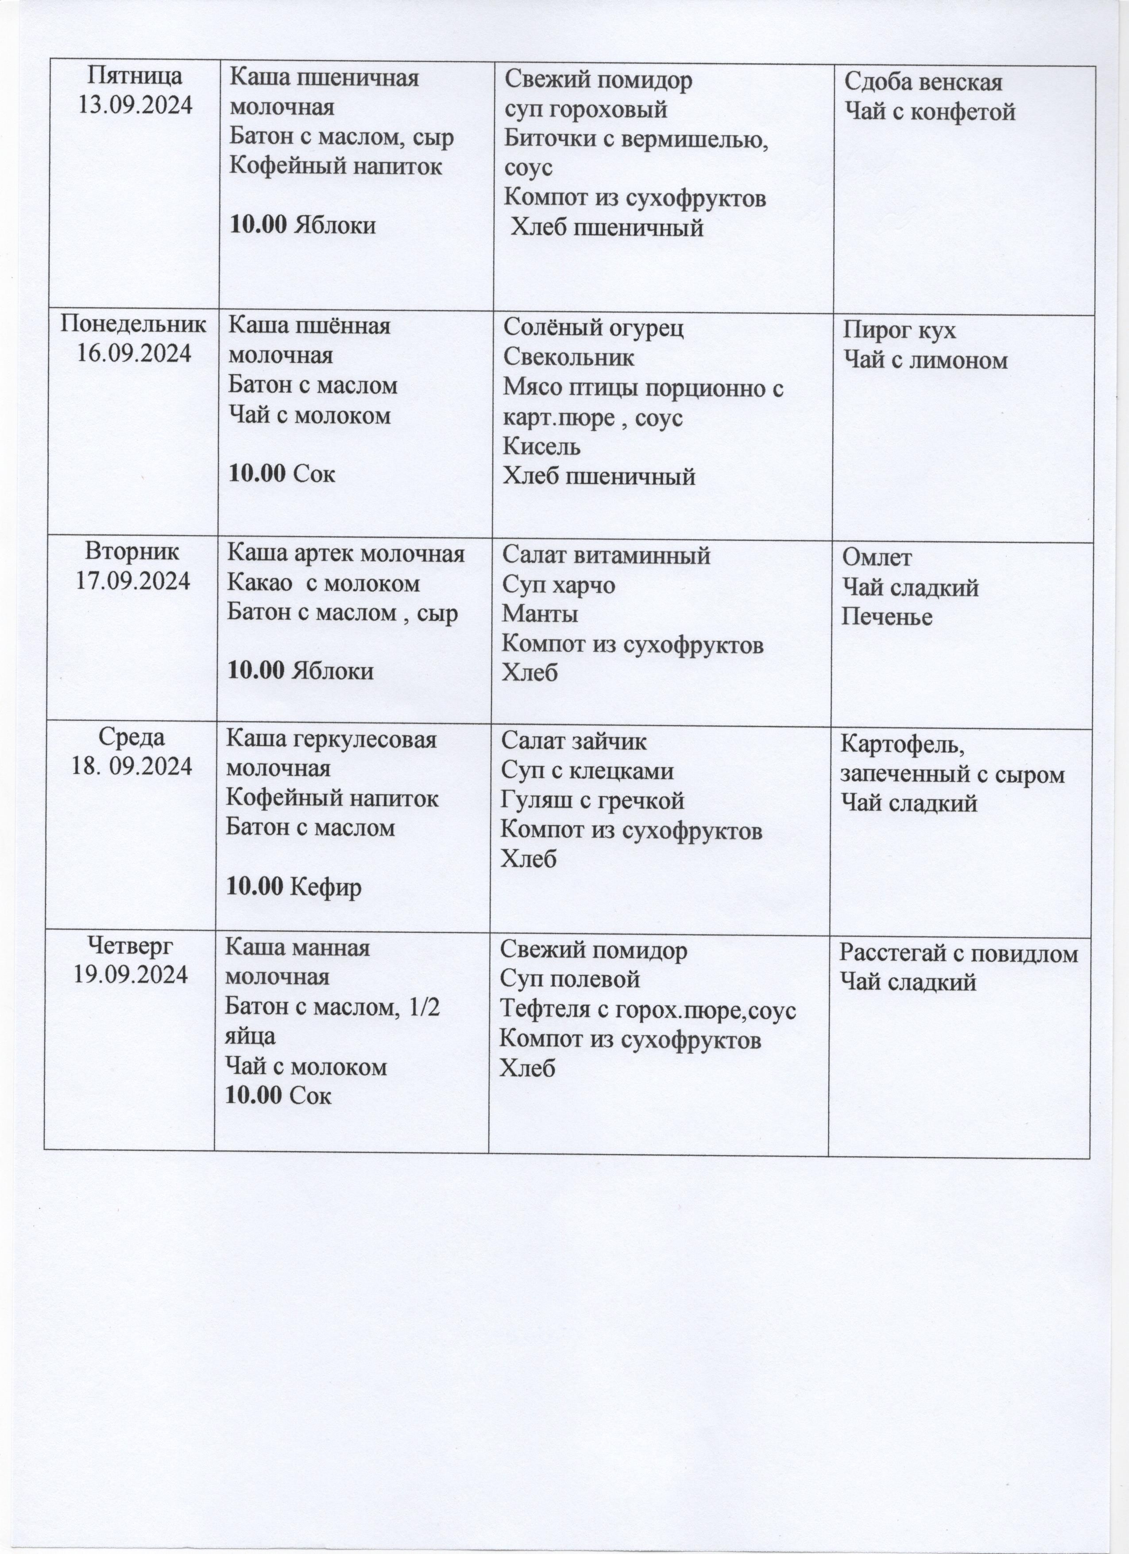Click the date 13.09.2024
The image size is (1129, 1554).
(x=135, y=105)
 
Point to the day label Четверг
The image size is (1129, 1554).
(x=131, y=946)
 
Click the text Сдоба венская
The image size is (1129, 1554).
(x=923, y=82)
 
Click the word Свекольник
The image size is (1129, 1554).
(x=568, y=357)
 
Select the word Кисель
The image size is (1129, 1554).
(x=542, y=446)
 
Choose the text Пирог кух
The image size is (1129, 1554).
(x=899, y=331)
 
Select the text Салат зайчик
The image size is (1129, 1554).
(x=573, y=742)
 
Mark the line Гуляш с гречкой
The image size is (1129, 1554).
(x=592, y=800)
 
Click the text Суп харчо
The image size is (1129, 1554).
(x=558, y=585)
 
